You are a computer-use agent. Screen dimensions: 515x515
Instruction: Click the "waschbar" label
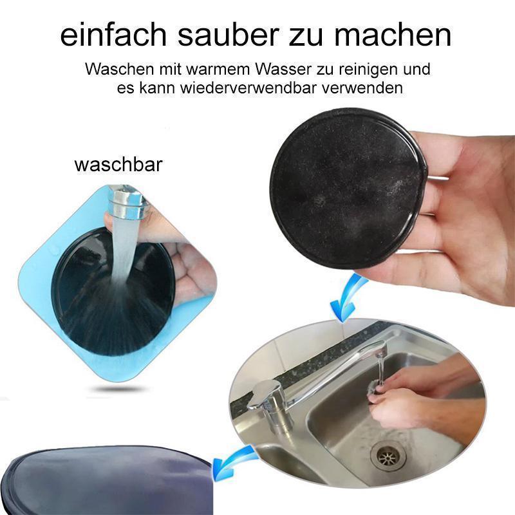pos(118,164)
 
